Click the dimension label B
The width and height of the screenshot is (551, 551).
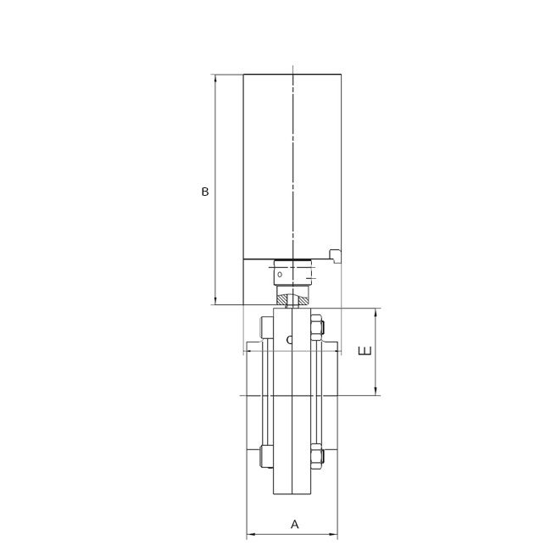click(x=204, y=192)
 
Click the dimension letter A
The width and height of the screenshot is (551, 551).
click(x=295, y=525)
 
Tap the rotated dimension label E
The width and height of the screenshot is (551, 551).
click(x=365, y=352)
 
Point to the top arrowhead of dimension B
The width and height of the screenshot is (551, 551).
click(x=216, y=79)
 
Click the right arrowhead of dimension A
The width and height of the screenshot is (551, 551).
click(x=335, y=535)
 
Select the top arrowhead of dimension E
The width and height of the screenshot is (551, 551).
click(x=376, y=313)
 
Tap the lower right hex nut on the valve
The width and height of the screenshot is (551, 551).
click(x=318, y=455)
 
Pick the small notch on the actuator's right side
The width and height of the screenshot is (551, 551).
click(x=335, y=254)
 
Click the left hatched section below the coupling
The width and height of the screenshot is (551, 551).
click(x=283, y=298)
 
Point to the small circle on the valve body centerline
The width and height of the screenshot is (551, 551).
click(x=290, y=340)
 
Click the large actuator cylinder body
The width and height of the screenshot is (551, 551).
click(x=292, y=165)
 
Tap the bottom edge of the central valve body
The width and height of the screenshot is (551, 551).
click(x=292, y=494)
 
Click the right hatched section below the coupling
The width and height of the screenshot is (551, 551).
click(x=302, y=298)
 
